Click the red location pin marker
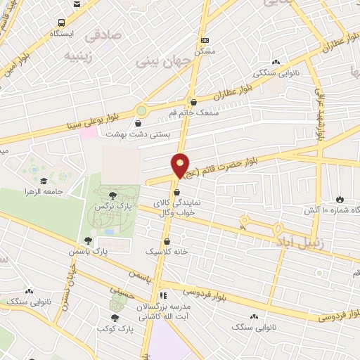(x=181, y=166)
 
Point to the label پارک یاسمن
(x=86, y=251)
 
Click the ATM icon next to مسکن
(x=205, y=41)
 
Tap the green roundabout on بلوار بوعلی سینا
(x=142, y=110)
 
